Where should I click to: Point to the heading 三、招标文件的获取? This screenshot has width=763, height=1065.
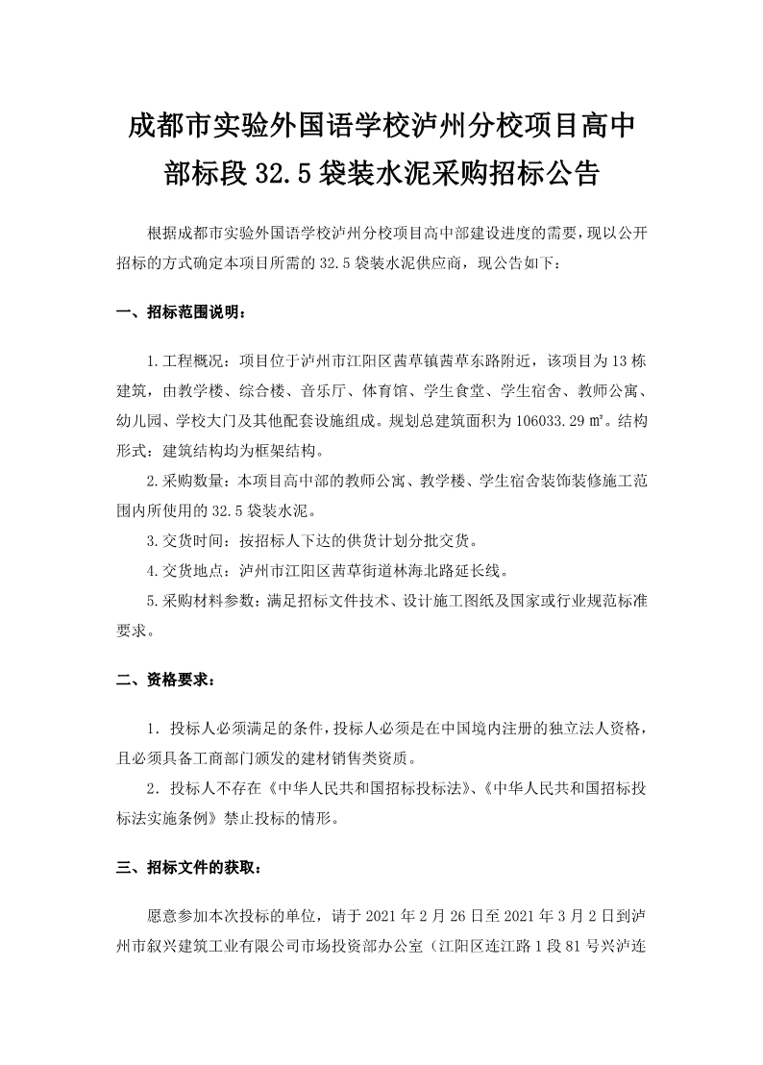pos(187,867)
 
